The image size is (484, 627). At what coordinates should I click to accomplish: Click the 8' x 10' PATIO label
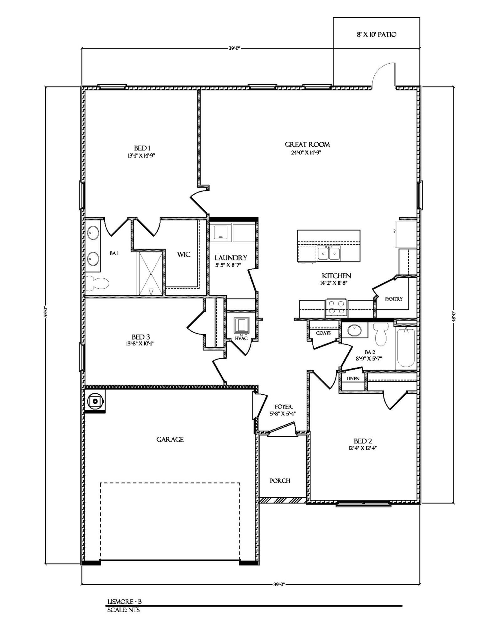click(376, 34)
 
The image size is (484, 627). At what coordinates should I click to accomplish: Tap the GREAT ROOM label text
click(307, 145)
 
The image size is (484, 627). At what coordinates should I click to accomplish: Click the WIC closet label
click(184, 254)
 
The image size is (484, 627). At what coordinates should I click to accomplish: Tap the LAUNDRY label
click(231, 258)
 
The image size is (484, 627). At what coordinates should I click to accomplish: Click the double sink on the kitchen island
click(329, 253)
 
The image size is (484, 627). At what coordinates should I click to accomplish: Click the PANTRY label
click(393, 299)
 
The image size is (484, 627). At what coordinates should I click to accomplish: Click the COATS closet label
click(323, 333)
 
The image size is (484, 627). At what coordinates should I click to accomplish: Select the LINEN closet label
click(353, 378)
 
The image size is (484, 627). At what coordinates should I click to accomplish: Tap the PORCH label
click(280, 481)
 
